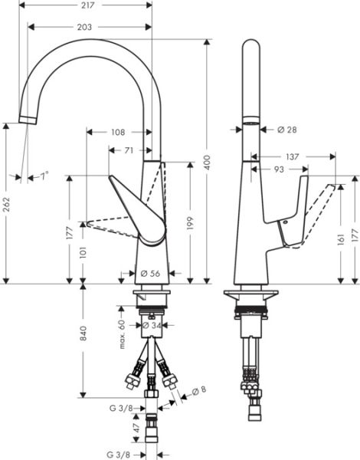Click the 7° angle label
coord(44,176)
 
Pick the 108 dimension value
coord(117,132)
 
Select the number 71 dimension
coord(129,150)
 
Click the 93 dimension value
coord(279,169)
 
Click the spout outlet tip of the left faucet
coord(27,120)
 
